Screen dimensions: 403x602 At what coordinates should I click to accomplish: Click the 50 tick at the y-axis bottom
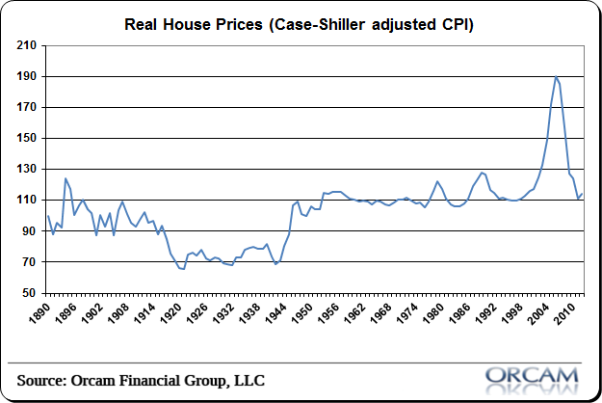pyautogui.click(x=29, y=293)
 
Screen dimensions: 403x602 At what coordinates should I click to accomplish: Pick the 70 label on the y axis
pyautogui.click(x=29, y=262)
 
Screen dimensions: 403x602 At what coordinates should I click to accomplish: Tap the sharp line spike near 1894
pyautogui.click(x=65, y=178)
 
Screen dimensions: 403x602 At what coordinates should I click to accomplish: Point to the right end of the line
pyautogui.click(x=583, y=194)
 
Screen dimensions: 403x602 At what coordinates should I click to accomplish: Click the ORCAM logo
pyautogui.click(x=532, y=375)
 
